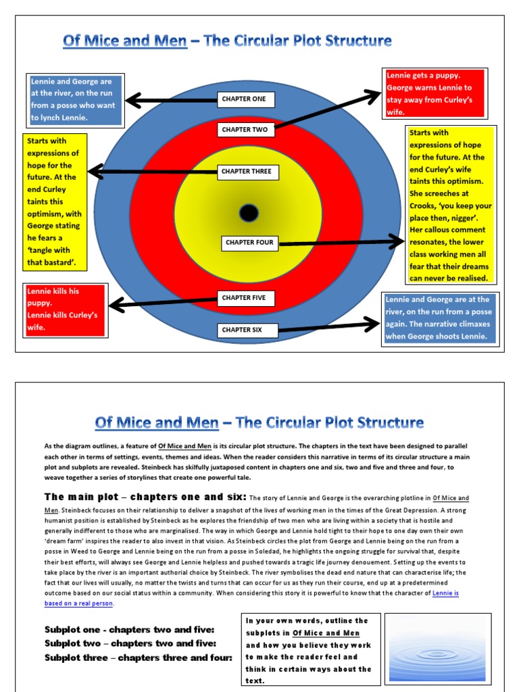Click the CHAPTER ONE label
pos(244,99)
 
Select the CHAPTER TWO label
pos(244,129)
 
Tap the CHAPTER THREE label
pos(246,172)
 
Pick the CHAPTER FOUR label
pos(249,243)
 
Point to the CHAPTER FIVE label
pos(243,298)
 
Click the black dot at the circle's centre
pos(249,214)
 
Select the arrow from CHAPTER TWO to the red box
pos(327,110)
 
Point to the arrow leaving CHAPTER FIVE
pos(163,303)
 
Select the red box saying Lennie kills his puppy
pos(65,310)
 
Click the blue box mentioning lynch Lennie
pos(75,99)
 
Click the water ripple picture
pos(437,647)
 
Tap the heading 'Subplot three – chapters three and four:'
pos(138,658)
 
